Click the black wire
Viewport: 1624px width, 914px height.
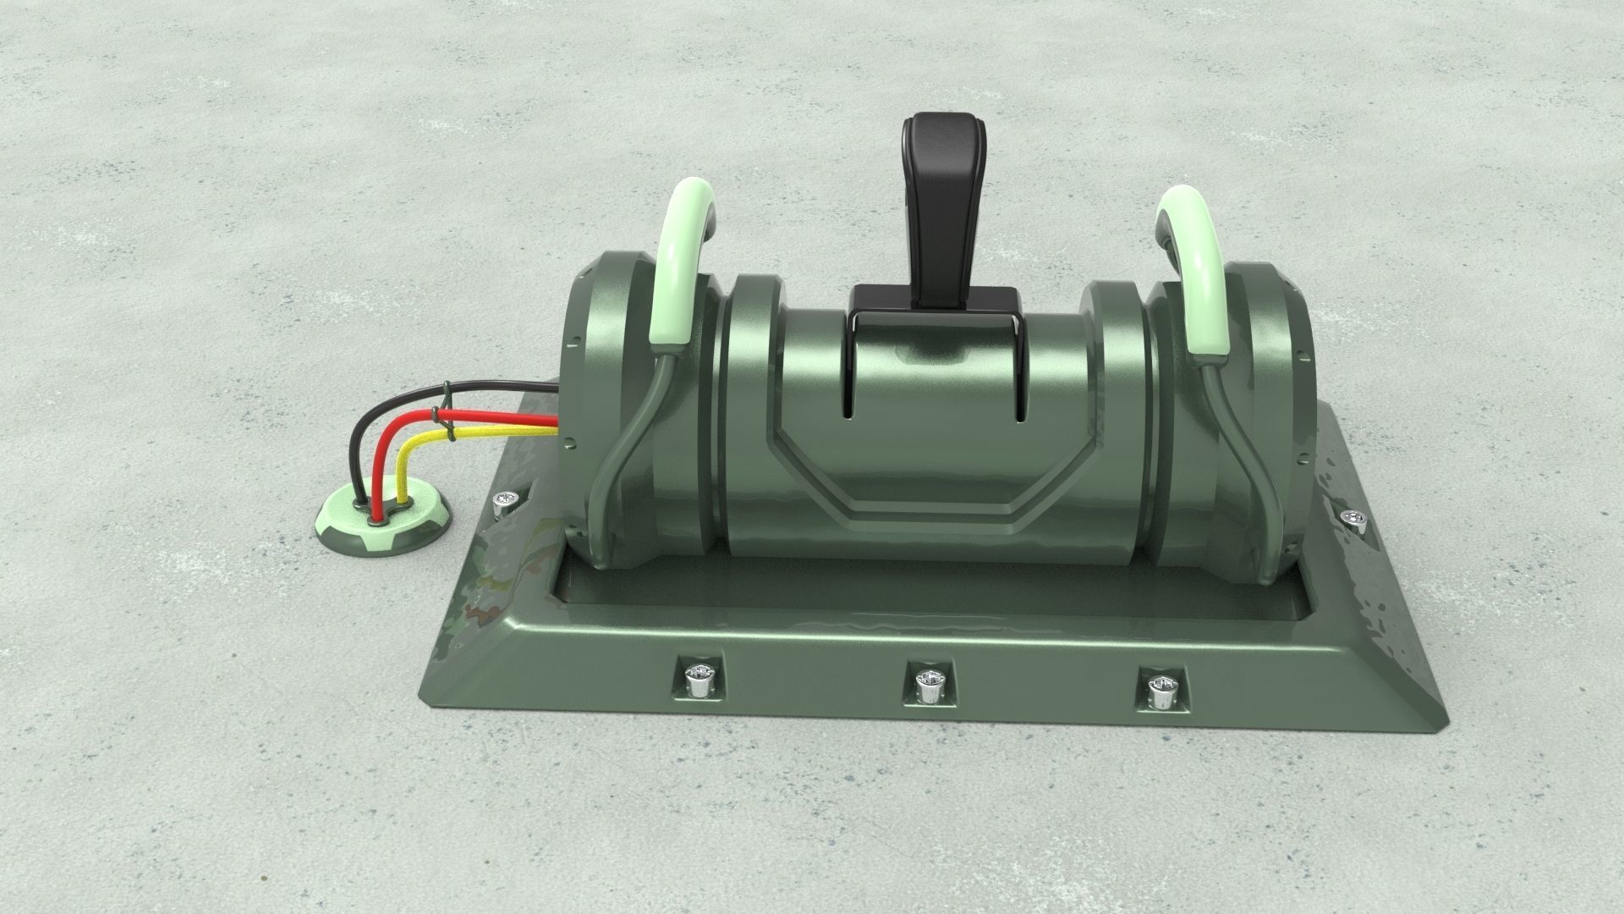click(499, 391)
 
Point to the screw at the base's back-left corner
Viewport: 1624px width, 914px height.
click(507, 501)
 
